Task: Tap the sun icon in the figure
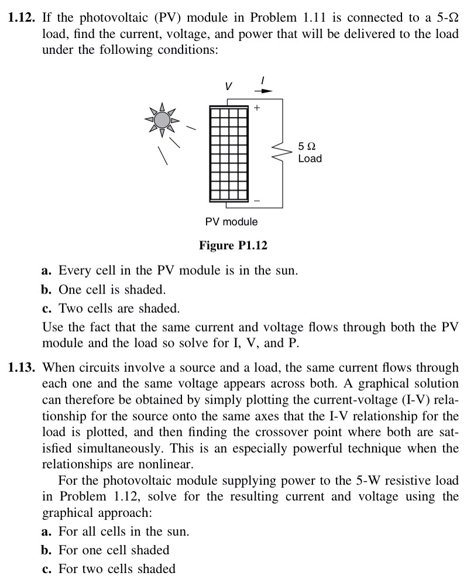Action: click(162, 120)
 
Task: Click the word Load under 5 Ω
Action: click(310, 158)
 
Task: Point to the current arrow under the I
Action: click(266, 91)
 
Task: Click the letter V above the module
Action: click(229, 86)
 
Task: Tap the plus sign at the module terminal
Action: click(256, 109)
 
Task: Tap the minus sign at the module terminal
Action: click(256, 200)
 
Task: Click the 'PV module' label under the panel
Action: click(231, 222)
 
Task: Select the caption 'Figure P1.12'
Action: click(233, 245)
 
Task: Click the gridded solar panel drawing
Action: click(229, 154)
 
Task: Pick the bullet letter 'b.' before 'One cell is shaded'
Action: click(47, 289)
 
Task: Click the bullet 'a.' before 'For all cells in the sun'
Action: click(47, 532)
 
